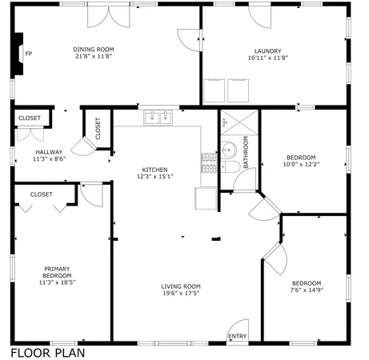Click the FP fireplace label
click(x=29, y=54)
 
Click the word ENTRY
click(x=238, y=337)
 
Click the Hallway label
click(x=49, y=152)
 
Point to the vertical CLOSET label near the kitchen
click(x=98, y=128)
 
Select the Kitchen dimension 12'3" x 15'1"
click(x=154, y=177)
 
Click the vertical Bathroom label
click(x=246, y=152)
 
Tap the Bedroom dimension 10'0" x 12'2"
click(x=301, y=164)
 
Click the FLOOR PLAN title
click(x=47, y=352)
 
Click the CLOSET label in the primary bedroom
click(x=42, y=194)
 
